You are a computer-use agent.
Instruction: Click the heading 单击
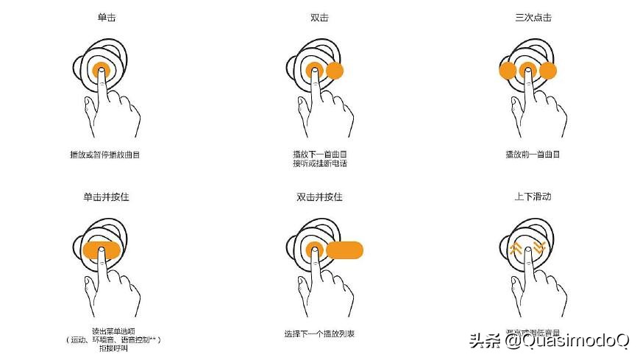[x=106, y=17]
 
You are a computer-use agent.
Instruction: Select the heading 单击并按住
[x=106, y=197]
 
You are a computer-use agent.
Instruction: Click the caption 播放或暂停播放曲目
[x=106, y=155]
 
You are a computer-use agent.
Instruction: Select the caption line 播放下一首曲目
[x=319, y=155]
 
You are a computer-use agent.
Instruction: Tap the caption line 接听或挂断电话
[x=319, y=163]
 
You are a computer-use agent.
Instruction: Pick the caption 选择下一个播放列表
[x=319, y=333]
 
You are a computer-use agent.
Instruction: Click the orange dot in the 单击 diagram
[x=102, y=70]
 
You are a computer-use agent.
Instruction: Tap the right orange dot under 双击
[x=335, y=71]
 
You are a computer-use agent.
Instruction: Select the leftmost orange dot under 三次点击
[x=507, y=71]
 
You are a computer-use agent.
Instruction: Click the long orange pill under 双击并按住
[x=345, y=250]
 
